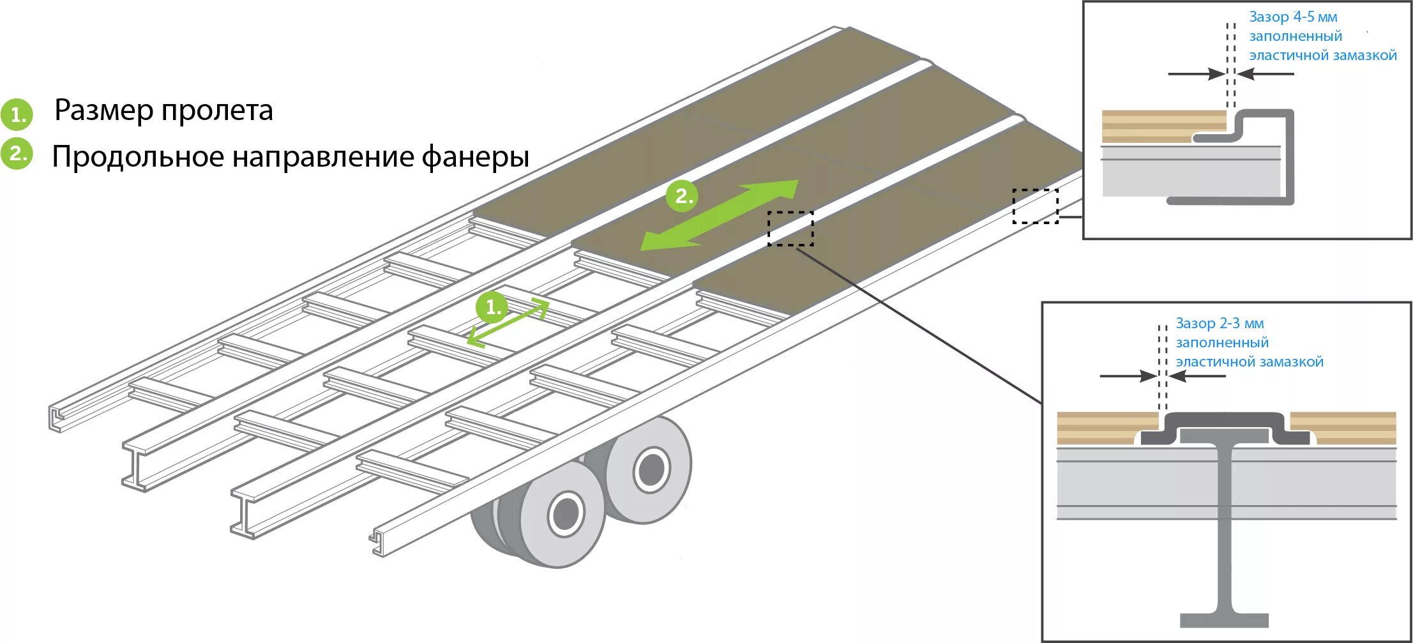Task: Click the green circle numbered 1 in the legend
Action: tap(17, 114)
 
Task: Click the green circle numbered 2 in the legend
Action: tap(17, 154)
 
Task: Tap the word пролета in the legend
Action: tap(217, 110)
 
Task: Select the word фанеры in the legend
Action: tap(475, 157)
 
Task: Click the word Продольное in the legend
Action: tap(137, 157)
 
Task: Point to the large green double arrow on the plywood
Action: tap(720, 215)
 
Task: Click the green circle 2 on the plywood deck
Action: tap(683, 195)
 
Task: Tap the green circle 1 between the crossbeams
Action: tap(492, 308)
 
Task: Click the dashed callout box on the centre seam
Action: tap(790, 229)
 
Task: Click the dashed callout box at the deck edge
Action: tap(1035, 206)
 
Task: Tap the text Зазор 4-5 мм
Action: tap(1293, 17)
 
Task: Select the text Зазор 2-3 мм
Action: tap(1220, 324)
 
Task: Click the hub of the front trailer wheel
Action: tap(565, 513)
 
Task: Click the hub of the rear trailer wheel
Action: tap(651, 470)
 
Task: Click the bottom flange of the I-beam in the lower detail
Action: tap(1224, 620)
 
